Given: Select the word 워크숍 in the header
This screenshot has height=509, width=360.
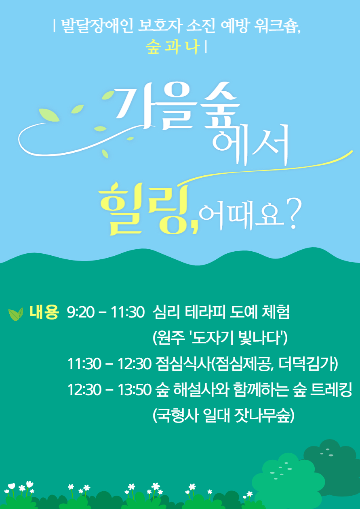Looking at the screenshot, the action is tap(276, 26).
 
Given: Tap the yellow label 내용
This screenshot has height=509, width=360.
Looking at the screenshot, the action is tap(44, 312).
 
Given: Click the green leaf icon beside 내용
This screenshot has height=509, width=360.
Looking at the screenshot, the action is tap(16, 314).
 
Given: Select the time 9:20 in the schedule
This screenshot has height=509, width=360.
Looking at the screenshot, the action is tap(81, 312).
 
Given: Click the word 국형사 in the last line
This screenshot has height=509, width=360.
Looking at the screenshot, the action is tap(178, 415).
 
